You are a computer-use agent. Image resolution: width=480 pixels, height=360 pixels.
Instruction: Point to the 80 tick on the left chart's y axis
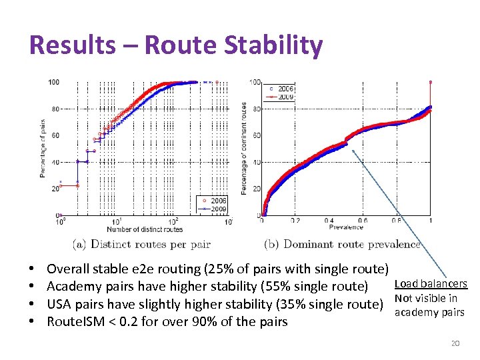pyautogui.click(x=54, y=109)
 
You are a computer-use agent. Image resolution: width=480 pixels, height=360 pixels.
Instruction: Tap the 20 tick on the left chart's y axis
pyautogui.click(x=54, y=189)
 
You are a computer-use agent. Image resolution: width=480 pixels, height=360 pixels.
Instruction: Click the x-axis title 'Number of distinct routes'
pyautogui.click(x=146, y=229)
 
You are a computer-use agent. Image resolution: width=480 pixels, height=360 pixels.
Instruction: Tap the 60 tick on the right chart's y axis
pyautogui.click(x=256, y=135)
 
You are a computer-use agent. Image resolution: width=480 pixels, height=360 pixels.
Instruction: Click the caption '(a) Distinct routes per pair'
pyautogui.click(x=141, y=244)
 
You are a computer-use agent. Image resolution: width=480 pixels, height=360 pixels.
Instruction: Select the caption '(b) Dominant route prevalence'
pyautogui.click(x=342, y=244)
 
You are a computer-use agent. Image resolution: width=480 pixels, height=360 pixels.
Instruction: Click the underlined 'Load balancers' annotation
pyautogui.click(x=431, y=284)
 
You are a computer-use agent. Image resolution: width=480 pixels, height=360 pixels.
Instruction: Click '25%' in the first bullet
pyautogui.click(x=240, y=269)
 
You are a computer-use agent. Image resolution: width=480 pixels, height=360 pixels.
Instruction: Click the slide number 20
pyautogui.click(x=455, y=343)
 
